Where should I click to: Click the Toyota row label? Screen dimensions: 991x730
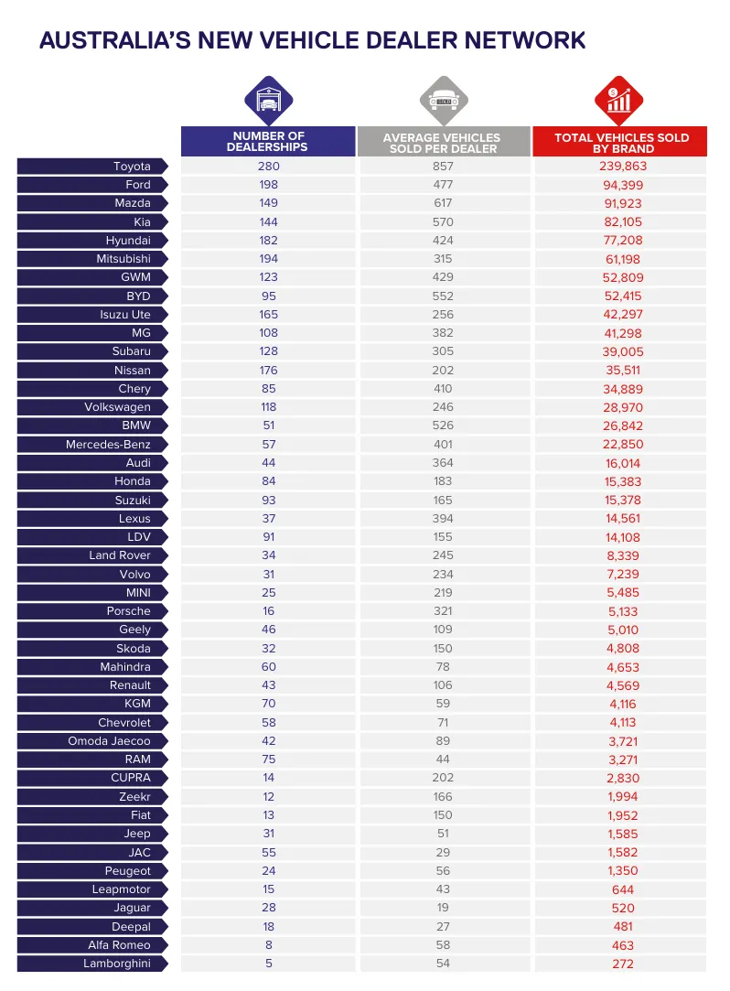pyautogui.click(x=132, y=167)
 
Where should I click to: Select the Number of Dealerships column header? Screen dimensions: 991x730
pyautogui.click(x=268, y=142)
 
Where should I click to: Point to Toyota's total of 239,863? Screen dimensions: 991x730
pyautogui.click(x=621, y=167)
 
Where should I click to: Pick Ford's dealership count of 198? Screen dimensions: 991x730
pyautogui.click(x=268, y=185)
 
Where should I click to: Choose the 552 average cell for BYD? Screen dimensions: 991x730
pyautogui.click(x=443, y=296)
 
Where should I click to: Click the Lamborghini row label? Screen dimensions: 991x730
pyautogui.click(x=116, y=964)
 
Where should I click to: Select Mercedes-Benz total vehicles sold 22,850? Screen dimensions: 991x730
pyautogui.click(x=621, y=445)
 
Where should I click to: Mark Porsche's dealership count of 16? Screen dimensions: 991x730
pyautogui.click(x=268, y=611)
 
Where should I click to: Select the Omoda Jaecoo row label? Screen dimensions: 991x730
pyautogui.click(x=109, y=741)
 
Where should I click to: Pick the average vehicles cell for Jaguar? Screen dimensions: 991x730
pyautogui.click(x=443, y=908)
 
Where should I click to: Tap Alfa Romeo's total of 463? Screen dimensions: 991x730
pyautogui.click(x=621, y=945)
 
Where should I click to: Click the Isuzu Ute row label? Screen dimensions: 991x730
pyautogui.click(x=125, y=315)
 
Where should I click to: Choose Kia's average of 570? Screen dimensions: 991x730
pyautogui.click(x=443, y=222)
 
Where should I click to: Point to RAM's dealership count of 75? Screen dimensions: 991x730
pyautogui.click(x=268, y=759)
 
